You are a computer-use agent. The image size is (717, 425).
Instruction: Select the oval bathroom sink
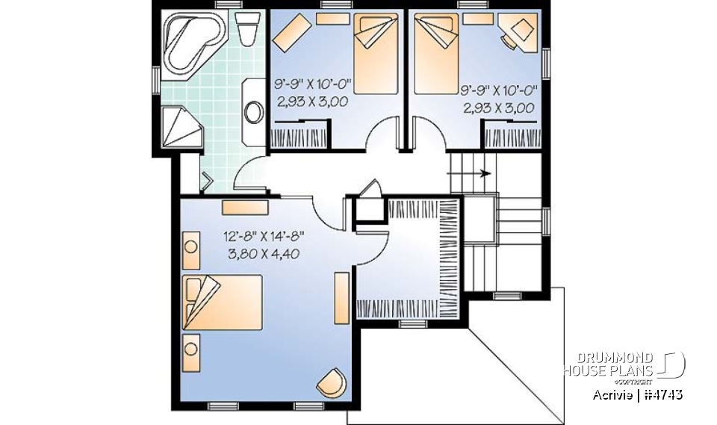tap(255, 111)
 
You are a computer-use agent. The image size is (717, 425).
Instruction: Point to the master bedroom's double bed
tap(223, 301)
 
